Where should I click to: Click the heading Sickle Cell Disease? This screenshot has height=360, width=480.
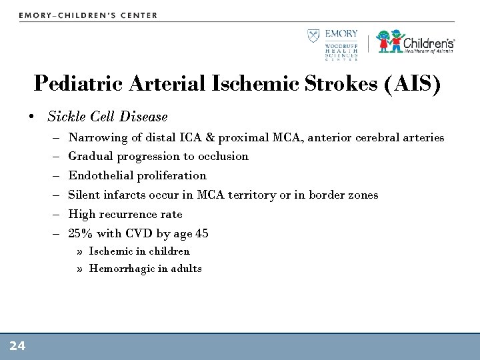[x=107, y=117]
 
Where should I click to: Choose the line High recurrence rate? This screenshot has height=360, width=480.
[x=125, y=214]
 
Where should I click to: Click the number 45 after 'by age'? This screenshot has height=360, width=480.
[x=201, y=233]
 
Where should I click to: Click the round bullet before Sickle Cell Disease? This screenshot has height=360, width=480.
[x=32, y=117]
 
